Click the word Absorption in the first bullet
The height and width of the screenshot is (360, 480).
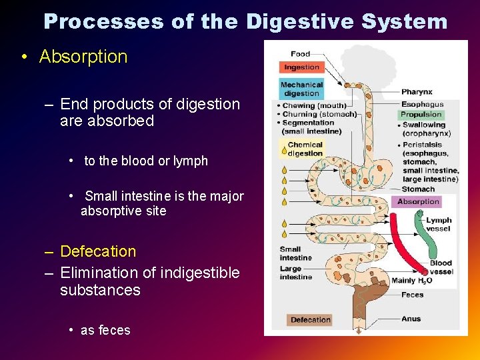[83, 57]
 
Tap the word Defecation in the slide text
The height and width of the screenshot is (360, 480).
[97, 251]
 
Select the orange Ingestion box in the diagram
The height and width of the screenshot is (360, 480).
[301, 67]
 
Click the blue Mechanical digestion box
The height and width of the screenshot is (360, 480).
[301, 89]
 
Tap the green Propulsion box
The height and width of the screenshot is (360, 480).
[421, 115]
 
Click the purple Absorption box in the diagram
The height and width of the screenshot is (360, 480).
[418, 201]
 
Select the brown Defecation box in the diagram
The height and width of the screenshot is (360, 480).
[310, 320]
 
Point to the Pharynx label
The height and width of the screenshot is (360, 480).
[417, 92]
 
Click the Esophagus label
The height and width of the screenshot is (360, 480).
[422, 105]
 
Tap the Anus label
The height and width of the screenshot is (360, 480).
[411, 319]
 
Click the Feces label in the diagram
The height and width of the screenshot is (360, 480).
[412, 295]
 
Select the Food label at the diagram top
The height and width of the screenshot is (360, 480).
[300, 54]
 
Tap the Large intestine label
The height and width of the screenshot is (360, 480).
[295, 273]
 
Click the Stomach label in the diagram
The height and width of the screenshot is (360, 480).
[417, 189]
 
